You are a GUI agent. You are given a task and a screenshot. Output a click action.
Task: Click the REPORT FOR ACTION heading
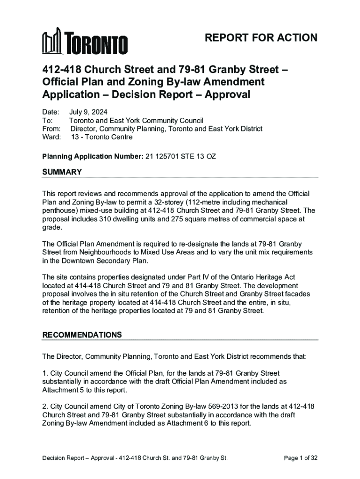tap(261, 38)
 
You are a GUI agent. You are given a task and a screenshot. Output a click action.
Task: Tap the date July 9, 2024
tap(88, 112)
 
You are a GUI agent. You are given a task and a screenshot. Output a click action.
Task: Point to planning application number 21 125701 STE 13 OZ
tap(180, 156)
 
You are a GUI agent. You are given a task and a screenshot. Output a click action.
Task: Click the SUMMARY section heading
tap(62, 172)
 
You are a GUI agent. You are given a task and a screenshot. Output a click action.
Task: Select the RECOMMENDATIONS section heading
tap(82, 335)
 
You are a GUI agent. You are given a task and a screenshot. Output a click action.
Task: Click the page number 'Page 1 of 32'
tap(301, 458)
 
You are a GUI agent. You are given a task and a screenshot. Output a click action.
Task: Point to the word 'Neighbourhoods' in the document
tap(91, 253)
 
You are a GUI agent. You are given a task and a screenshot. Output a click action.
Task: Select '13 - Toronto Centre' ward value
tap(101, 137)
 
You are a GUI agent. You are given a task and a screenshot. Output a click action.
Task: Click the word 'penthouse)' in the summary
tap(59, 210)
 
